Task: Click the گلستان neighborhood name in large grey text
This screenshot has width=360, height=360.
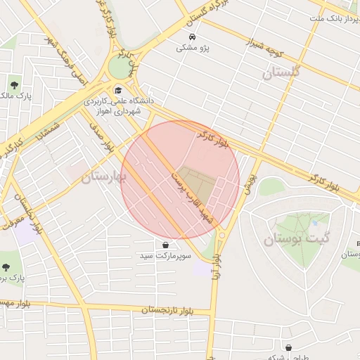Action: pyautogui.click(x=281, y=72)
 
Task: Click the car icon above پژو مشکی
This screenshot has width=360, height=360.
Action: pyautogui.click(x=193, y=37)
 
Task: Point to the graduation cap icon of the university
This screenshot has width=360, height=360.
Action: pyautogui.click(x=118, y=90)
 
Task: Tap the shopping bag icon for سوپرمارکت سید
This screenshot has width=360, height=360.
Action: pyautogui.click(x=165, y=245)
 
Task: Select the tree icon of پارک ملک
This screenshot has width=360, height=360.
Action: pyautogui.click(x=13, y=86)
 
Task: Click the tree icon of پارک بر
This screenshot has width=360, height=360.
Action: pyautogui.click(x=6, y=267)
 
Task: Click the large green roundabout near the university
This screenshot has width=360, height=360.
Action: pyautogui.click(x=121, y=67)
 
